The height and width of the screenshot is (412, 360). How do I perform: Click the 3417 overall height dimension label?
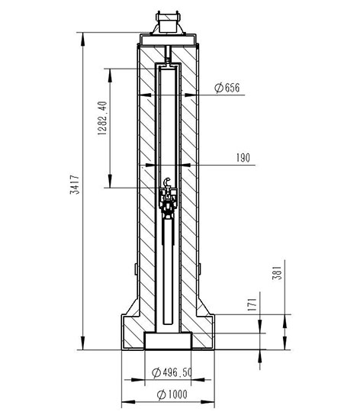click(x=75, y=185)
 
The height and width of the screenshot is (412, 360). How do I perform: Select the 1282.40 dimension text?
click(x=102, y=118)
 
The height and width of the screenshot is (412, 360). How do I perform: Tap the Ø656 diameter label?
click(x=227, y=88)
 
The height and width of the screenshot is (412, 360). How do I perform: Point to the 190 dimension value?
click(x=243, y=158)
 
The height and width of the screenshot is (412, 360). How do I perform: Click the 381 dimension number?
click(x=277, y=273)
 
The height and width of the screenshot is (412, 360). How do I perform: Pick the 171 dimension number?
click(x=252, y=304)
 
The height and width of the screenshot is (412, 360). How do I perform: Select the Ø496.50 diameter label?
click(x=172, y=372)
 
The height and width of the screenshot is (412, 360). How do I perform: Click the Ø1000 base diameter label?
click(x=172, y=394)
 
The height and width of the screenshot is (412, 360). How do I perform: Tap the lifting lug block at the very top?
click(x=168, y=21)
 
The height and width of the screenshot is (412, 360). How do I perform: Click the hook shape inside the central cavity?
click(x=166, y=182)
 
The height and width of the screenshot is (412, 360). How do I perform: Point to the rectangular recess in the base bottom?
click(x=168, y=341)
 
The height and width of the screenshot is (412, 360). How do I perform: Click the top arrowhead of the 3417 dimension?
click(x=82, y=39)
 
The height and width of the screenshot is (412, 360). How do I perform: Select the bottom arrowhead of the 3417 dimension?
click(x=82, y=343)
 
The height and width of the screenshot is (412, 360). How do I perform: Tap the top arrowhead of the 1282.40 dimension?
click(x=110, y=76)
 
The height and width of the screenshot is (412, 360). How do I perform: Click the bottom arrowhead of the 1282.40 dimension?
click(x=110, y=181)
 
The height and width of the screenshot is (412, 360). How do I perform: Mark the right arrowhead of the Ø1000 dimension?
click(x=208, y=402)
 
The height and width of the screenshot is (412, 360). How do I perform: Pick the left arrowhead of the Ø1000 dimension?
click(x=128, y=402)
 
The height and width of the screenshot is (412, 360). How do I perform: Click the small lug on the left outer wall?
click(x=136, y=269)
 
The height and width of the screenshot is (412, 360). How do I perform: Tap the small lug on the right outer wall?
click(x=199, y=269)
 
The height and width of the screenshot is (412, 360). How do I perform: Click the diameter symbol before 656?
click(x=219, y=88)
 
